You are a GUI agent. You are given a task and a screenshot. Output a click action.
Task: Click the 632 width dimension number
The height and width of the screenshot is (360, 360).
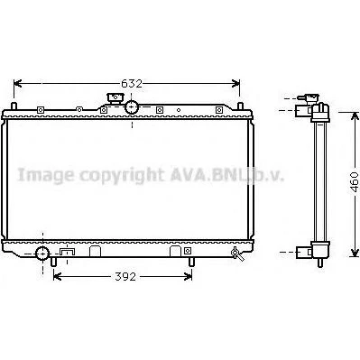pyautogui.click(x=132, y=84)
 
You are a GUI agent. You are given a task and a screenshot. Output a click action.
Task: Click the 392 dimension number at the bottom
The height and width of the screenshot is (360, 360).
pyautogui.click(x=125, y=277)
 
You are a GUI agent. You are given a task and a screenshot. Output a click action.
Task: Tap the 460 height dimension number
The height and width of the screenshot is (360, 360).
pyautogui.click(x=355, y=182)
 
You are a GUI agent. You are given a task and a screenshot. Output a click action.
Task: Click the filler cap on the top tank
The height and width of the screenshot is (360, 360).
pyautogui.click(x=115, y=98)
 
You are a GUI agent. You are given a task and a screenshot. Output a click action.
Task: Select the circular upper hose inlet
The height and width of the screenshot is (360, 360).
pyautogui.click(x=132, y=107)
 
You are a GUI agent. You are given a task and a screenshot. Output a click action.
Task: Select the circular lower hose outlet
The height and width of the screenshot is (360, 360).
pyautogui.click(x=42, y=254)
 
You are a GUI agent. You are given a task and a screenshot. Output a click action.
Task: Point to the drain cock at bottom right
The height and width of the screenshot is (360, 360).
pyautogui.click(x=237, y=254)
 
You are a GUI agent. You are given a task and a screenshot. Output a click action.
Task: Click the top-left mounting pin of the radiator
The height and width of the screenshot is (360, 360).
pyautogui.click(x=14, y=106)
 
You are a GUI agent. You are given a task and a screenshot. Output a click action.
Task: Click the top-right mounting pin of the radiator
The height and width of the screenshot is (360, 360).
pyautogui.click(x=240, y=106)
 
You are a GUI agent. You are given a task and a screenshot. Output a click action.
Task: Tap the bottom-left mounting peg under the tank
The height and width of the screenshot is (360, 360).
pyautogui.click(x=53, y=262)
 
